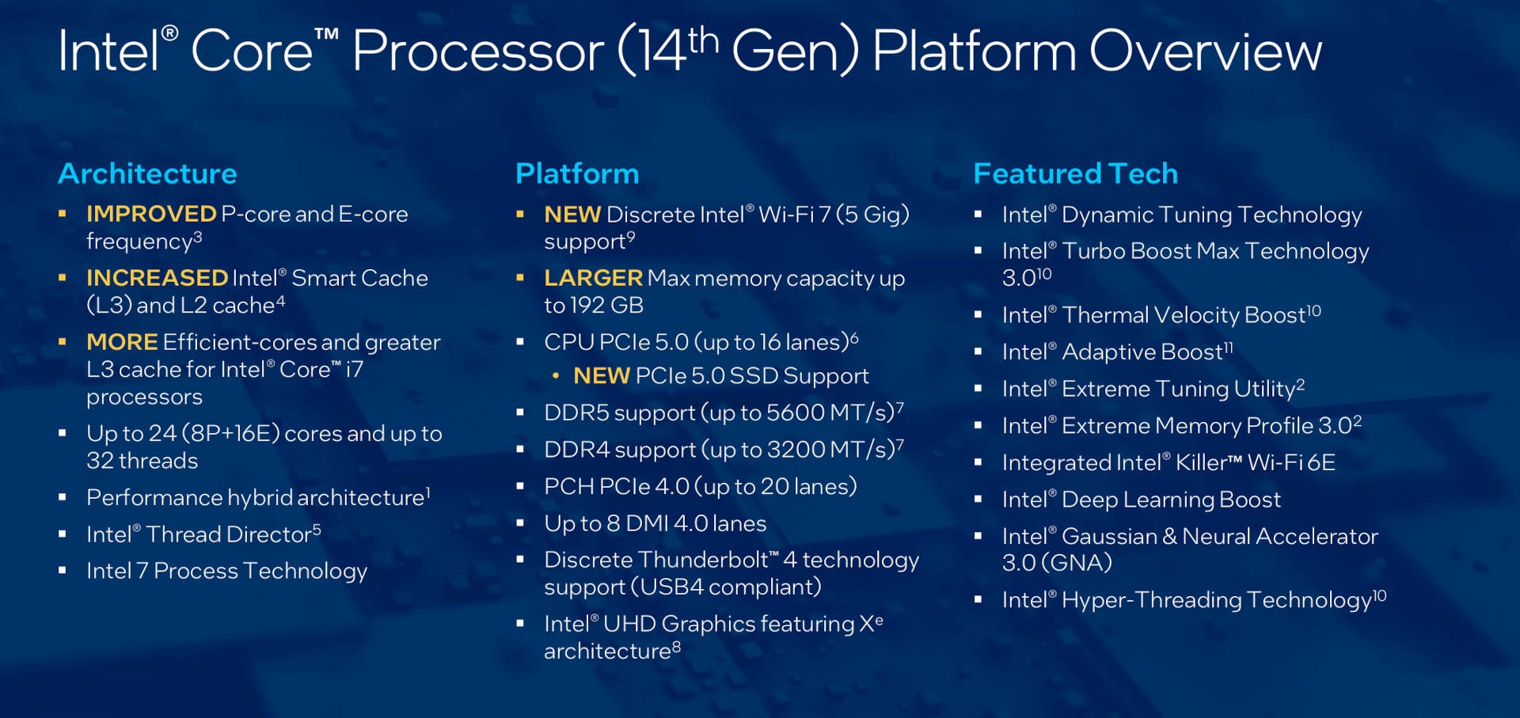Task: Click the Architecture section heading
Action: pos(147,173)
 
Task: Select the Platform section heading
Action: pos(577,173)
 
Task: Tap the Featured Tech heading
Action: pos(1076,173)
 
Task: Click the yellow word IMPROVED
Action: pos(151,214)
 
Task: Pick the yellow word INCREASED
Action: pos(158,278)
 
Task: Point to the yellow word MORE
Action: pos(122,342)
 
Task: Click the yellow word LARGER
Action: pos(593,278)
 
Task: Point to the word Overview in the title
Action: pos(1206,51)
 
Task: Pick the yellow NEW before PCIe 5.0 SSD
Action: pos(602,376)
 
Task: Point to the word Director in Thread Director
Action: pos(269,534)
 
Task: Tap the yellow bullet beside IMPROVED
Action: pos(62,214)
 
